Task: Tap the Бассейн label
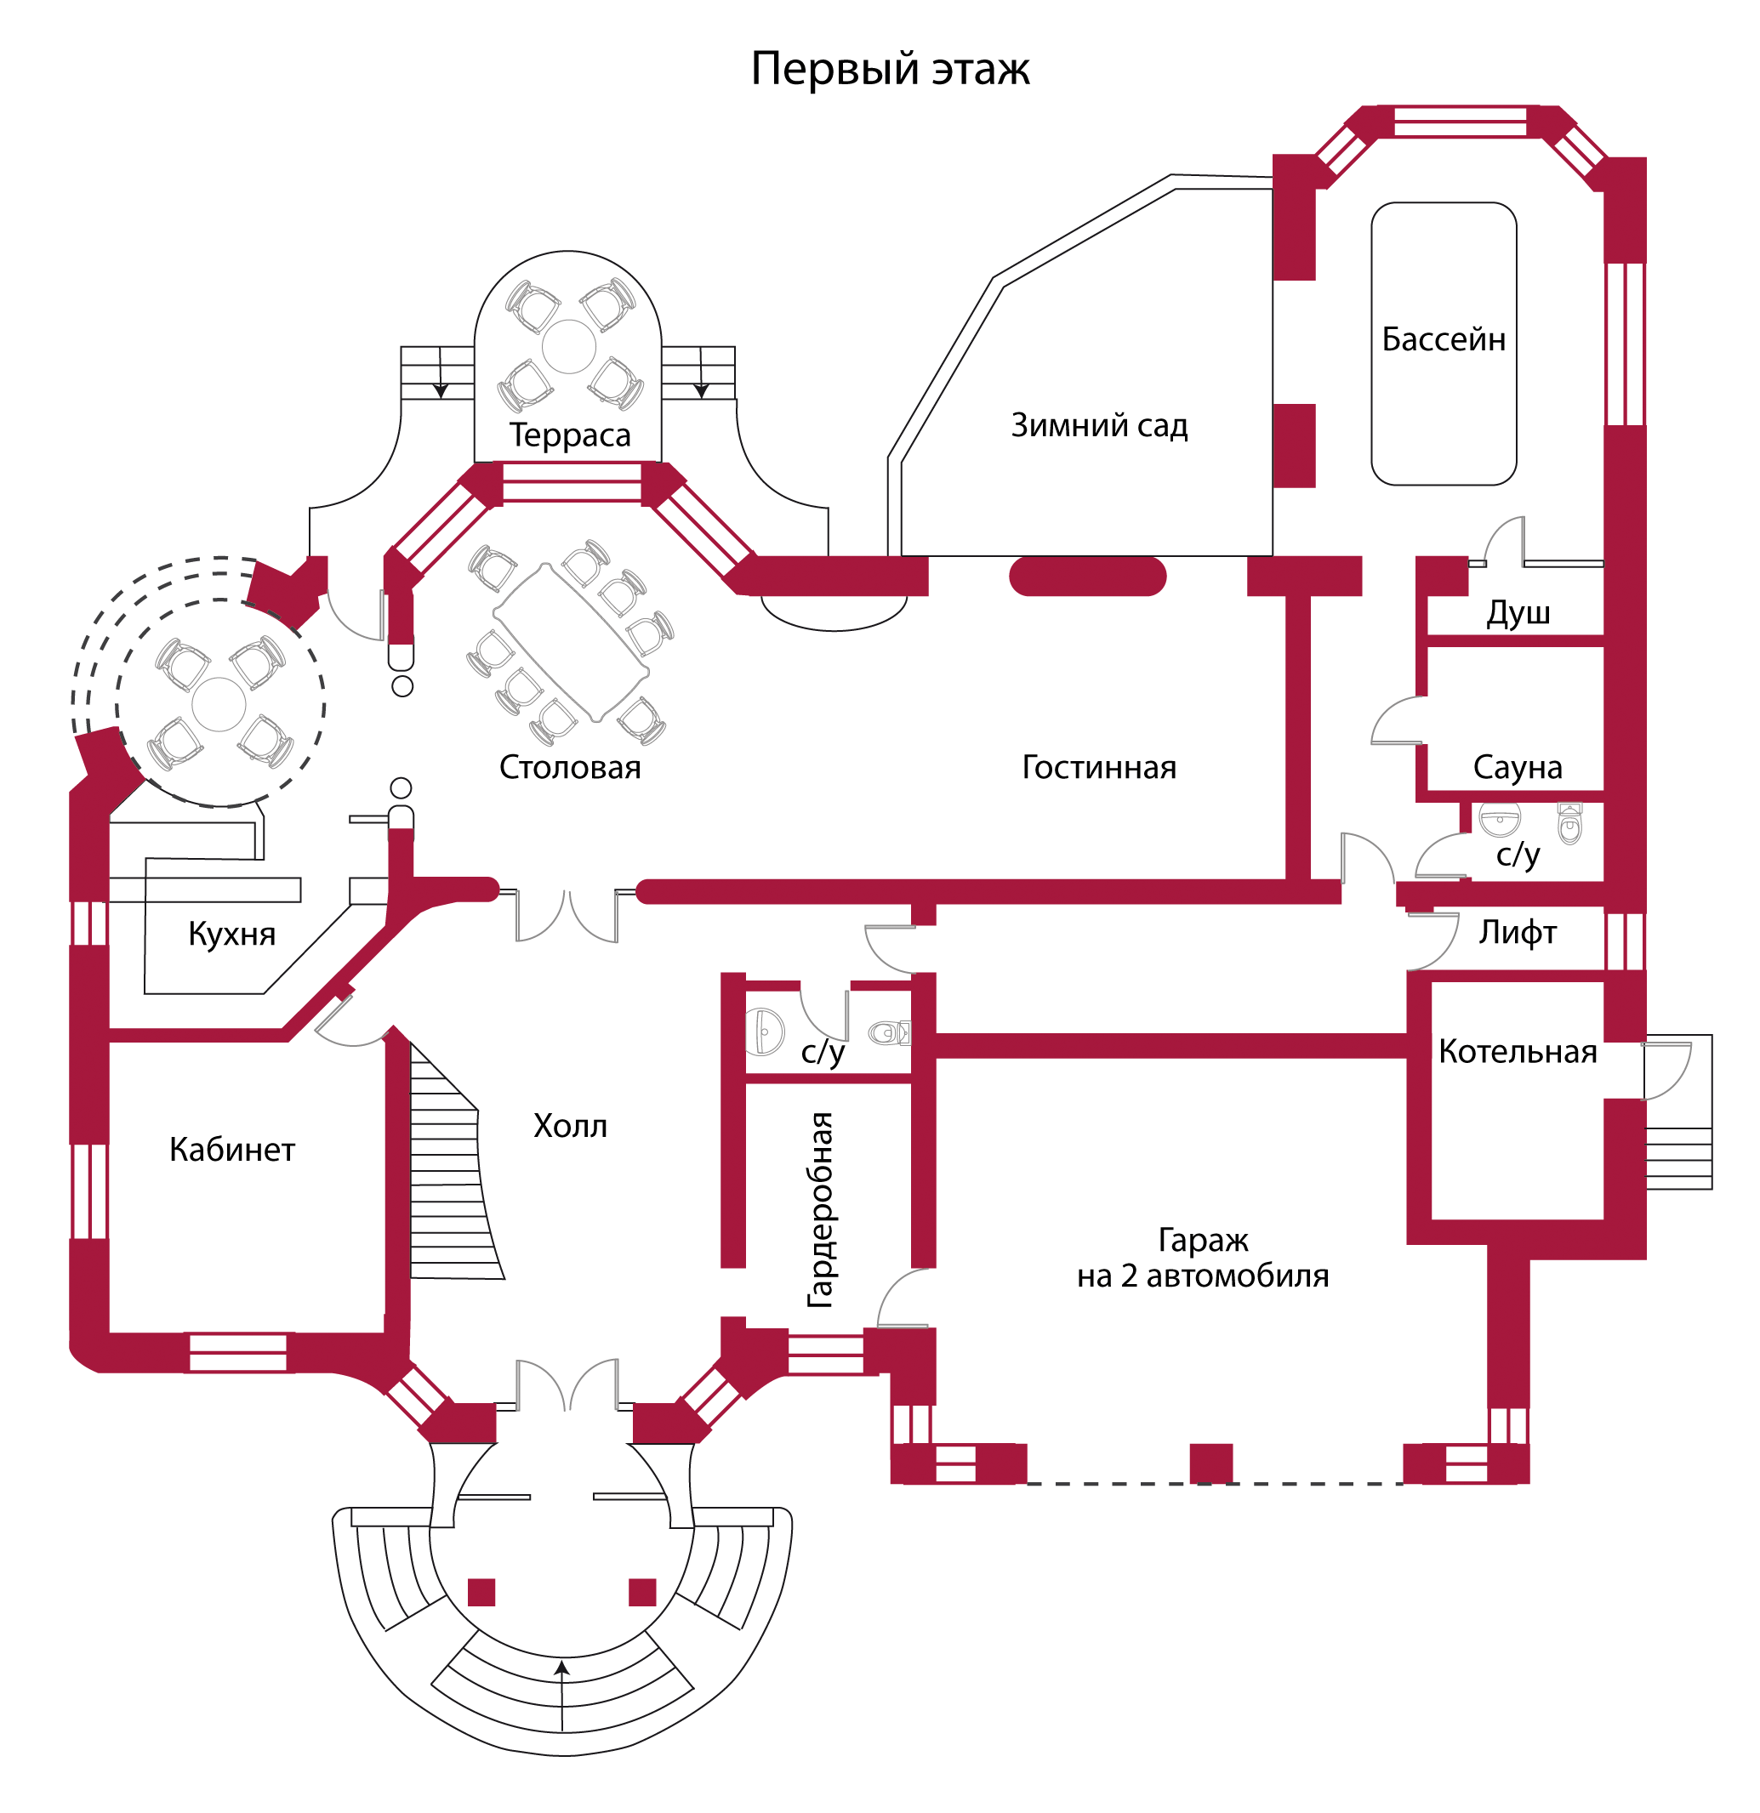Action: tap(1443, 339)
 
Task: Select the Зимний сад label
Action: tap(1098, 425)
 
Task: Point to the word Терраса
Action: tap(569, 435)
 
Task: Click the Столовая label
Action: tap(569, 767)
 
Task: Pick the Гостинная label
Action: tap(1098, 767)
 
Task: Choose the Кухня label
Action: tap(231, 934)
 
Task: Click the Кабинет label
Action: tap(231, 1149)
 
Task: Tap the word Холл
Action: tap(570, 1126)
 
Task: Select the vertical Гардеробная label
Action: tap(820, 1210)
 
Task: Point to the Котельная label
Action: tap(1518, 1052)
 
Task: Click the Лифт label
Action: tap(1518, 932)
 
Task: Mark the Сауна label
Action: tap(1518, 767)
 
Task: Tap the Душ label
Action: tap(1518, 612)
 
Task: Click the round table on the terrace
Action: tap(568, 347)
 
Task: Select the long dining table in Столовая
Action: tap(571, 641)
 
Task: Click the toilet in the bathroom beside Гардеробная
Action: tap(889, 1032)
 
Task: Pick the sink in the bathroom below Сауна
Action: tap(1500, 820)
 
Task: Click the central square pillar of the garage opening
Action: tap(1211, 1463)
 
